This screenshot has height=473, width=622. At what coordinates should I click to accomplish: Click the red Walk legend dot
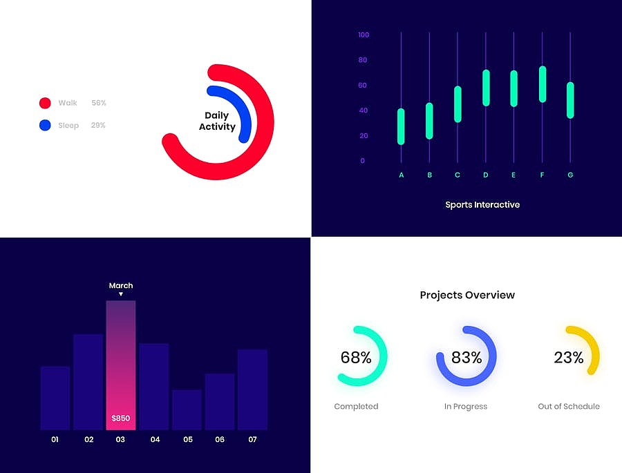pos(45,103)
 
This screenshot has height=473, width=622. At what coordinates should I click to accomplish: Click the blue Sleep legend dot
pos(45,125)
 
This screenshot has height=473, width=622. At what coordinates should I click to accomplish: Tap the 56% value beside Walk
pos(99,103)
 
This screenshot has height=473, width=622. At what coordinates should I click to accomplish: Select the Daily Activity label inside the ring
pos(217,121)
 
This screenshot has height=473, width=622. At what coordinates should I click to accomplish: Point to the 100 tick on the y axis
pos(364,35)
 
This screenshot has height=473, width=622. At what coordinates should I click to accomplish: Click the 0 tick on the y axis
pos(363,161)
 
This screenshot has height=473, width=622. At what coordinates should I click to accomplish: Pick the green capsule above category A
pos(401,126)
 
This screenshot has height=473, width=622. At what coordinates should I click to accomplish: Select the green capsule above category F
pos(543,84)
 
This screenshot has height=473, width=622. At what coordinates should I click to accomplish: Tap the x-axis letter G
pos(570,175)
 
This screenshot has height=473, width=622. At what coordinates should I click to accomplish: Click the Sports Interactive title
pos(482,204)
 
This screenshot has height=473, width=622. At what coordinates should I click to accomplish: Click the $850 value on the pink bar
pos(120,418)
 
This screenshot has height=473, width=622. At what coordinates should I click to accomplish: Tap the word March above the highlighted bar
pos(121,285)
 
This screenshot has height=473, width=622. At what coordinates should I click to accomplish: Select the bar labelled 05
pos(187,409)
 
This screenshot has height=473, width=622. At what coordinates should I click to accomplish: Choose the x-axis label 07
pos(252,439)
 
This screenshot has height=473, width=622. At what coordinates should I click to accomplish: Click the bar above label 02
pos(88,382)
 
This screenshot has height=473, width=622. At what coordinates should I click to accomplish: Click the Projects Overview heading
pos(467,295)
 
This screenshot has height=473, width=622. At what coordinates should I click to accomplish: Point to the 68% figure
pos(356,358)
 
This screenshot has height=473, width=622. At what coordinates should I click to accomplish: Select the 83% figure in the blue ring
pos(466,358)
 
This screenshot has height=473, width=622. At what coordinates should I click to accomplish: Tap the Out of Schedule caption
pos(569,407)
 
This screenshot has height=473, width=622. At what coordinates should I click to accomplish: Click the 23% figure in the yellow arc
pos(569,358)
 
